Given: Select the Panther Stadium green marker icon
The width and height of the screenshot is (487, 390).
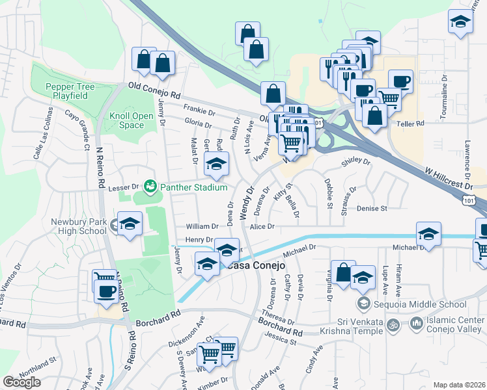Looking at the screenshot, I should tap(151, 187).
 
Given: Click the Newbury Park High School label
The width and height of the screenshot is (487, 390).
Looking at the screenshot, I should tap(78, 226).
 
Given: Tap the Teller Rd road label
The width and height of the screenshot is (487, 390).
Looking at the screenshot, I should tap(411, 122).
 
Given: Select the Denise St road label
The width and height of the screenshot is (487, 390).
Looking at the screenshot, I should tap(372, 208).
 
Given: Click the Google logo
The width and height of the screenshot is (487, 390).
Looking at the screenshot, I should tap(21, 382).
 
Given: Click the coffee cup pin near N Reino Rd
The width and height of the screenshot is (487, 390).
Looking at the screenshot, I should tap(105, 293).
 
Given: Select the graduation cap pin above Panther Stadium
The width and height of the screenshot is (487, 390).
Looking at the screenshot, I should tap(217, 165).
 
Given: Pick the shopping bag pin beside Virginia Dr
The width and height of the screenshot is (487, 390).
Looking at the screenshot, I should tap(342, 274).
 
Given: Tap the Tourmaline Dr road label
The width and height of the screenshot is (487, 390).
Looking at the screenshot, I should tap(443, 98).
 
